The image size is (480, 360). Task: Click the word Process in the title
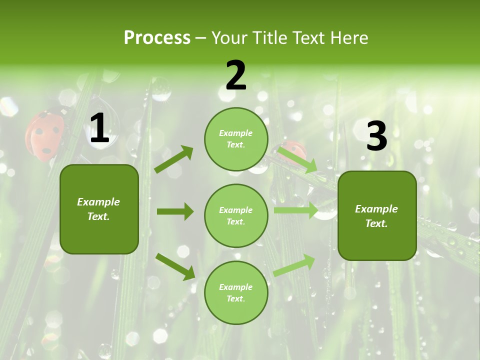click(157, 37)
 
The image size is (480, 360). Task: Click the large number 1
click(99, 128)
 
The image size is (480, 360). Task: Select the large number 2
click(236, 75)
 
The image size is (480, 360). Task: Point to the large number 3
click(376, 136)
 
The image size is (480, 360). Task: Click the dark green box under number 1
click(99, 209)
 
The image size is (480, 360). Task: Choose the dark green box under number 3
click(377, 215)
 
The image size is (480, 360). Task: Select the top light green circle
click(236, 139)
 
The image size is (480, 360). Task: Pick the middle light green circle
click(236, 215)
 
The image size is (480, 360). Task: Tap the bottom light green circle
click(236, 292)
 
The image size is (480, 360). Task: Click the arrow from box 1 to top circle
click(174, 159)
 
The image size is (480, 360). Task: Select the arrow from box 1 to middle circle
click(175, 211)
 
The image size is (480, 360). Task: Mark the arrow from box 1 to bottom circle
click(175, 267)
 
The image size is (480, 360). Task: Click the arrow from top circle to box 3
click(297, 159)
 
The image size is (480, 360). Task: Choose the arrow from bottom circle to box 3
click(294, 265)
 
